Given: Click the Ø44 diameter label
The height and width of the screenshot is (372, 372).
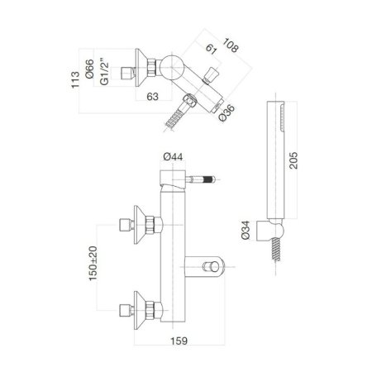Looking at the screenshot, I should (172, 154).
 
